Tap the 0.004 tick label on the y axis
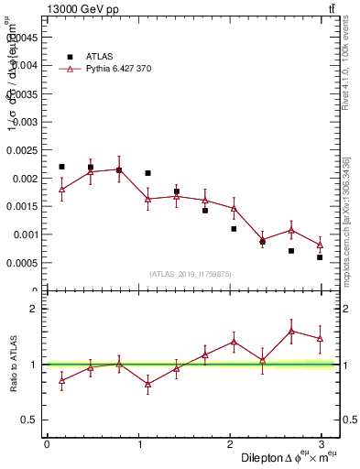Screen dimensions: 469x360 [x=27, y=65]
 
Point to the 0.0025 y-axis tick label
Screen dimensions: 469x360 [x=24, y=150]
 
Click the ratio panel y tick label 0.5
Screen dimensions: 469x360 [x=32, y=420]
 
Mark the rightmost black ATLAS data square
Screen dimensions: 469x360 [x=320, y=257]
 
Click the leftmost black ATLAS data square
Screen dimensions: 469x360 [x=61, y=167]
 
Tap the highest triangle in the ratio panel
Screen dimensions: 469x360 [x=291, y=331]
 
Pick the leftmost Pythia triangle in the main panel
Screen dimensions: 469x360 [x=61, y=189]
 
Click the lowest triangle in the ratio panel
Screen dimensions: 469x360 [x=147, y=384]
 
